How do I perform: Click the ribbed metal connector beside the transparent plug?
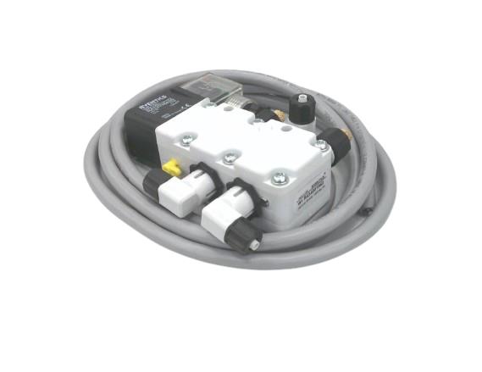point(234,100)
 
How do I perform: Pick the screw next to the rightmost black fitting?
point(321,146)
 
